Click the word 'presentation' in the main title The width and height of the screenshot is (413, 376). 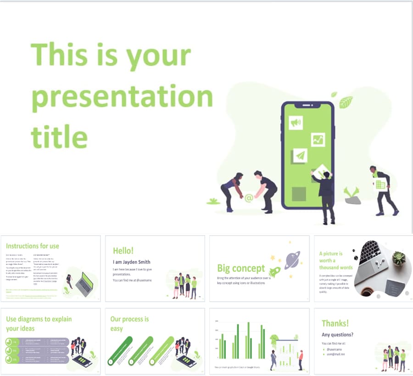tap(122, 97)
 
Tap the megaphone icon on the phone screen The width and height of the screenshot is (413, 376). tap(296, 123)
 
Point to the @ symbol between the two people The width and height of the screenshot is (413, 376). tap(249, 198)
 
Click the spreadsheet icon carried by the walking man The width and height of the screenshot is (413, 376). tap(380, 184)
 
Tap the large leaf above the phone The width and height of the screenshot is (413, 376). tap(346, 102)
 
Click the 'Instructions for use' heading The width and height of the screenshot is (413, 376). tap(32, 246)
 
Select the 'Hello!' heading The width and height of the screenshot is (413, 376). tap(123, 251)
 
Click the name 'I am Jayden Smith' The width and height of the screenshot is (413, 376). tap(131, 262)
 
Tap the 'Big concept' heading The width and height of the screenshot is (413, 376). tap(241, 269)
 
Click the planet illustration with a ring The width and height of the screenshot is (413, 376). tap(292, 260)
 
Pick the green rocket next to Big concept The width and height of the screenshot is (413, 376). tap(274, 271)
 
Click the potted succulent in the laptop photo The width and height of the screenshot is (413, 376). tap(398, 258)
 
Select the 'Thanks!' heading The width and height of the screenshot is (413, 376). tap(335, 323)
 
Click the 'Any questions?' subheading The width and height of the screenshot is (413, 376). tap(337, 335)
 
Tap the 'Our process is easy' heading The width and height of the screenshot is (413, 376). tap(129, 324)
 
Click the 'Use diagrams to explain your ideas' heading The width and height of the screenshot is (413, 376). tap(39, 324)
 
